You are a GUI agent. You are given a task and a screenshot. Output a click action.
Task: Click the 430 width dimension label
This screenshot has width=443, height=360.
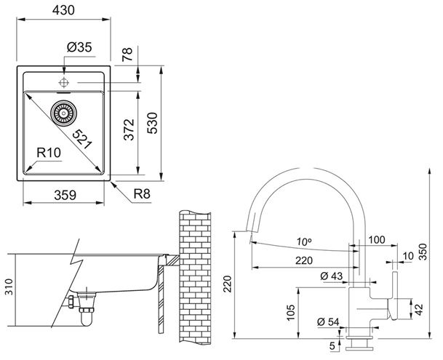tap(63, 10)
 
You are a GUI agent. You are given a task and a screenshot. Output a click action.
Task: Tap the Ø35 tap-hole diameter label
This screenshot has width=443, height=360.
tap(79, 47)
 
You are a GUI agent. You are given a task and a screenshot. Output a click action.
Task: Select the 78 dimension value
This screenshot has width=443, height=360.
tap(127, 55)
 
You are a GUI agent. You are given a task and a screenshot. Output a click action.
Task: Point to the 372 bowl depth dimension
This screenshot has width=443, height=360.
tap(129, 129)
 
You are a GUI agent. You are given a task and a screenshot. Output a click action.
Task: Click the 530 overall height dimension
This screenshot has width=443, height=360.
tap(153, 123)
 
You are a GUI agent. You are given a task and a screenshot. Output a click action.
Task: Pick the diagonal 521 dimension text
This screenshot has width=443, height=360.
tap(82, 139)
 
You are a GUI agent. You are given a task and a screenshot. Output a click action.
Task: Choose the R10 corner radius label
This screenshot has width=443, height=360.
tap(49, 153)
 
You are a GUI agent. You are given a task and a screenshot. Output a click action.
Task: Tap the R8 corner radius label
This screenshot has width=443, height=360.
tap(142, 194)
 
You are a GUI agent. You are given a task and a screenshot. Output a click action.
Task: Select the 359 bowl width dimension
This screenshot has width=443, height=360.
tap(65, 195)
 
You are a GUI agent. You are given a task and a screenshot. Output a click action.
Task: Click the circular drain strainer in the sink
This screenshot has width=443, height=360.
tap(63, 113)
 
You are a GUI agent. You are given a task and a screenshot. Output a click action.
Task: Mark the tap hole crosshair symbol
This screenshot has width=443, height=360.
tap(64, 83)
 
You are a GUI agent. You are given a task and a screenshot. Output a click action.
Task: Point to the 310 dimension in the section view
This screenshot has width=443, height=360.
tap(9, 287)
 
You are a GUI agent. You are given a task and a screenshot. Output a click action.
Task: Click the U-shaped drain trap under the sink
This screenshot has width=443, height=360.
tap(87, 318)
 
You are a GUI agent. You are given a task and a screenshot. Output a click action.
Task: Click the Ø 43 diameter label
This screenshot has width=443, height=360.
tap(332, 276)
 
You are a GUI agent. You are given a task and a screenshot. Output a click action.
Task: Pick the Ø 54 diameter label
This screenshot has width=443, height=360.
tap(328, 322)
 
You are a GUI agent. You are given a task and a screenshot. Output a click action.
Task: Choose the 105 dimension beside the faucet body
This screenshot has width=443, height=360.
tap(291, 313)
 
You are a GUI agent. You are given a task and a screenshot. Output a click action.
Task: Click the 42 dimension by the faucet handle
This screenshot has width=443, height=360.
tap(418, 309)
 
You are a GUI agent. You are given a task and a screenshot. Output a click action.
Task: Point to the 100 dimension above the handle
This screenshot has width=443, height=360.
tap(378, 239)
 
